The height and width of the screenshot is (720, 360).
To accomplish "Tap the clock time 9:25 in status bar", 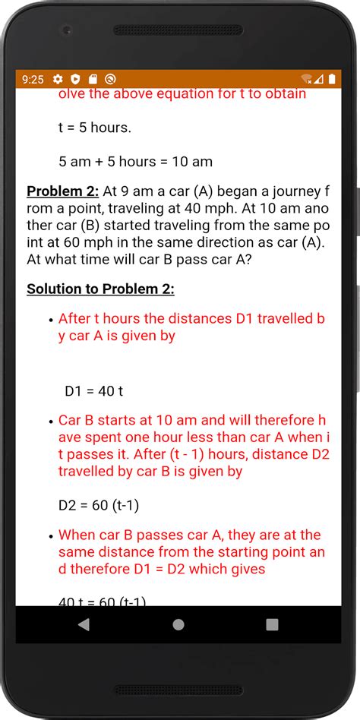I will [x=33, y=79].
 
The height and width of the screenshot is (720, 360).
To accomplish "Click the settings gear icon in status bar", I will [x=58, y=79].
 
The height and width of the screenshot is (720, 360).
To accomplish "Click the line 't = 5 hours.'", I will [x=95, y=128].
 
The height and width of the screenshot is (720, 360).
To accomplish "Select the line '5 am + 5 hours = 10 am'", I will [x=135, y=162].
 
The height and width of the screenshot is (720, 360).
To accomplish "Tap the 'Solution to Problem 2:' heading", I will [x=100, y=289].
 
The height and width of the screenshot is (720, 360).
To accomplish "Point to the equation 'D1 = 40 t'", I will [x=93, y=392].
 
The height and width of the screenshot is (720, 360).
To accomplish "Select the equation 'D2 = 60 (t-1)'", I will [x=99, y=505].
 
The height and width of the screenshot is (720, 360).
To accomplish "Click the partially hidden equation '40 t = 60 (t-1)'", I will [x=102, y=602].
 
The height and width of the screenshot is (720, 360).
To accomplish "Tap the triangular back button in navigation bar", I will [x=84, y=624].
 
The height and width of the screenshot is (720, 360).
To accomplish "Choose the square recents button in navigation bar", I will [x=272, y=624].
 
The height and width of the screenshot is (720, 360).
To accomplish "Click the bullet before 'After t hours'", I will [x=50, y=321].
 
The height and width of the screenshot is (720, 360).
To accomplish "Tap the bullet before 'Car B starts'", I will [x=50, y=422].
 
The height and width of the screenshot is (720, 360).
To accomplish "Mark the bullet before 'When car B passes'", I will [x=50, y=536].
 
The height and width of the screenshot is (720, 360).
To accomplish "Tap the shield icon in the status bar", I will [x=75, y=79].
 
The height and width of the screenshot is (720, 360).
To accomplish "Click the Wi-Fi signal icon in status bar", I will [x=307, y=79].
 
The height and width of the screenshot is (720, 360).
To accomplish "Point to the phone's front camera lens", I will [x=68, y=31].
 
